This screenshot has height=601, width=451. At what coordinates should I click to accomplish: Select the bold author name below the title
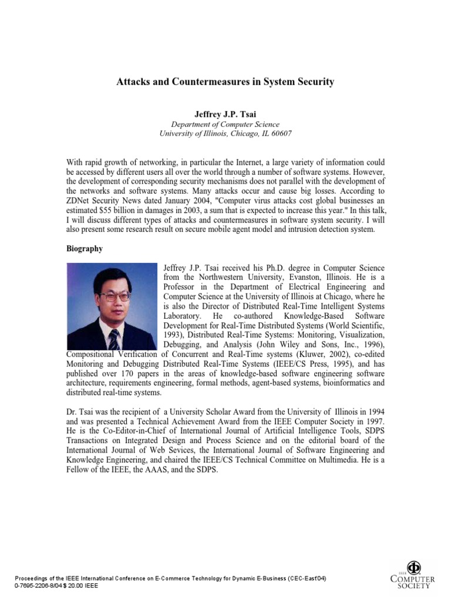(x=225, y=114)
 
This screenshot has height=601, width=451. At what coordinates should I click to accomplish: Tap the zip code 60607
(x=280, y=133)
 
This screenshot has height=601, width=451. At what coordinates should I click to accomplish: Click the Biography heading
(x=85, y=248)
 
